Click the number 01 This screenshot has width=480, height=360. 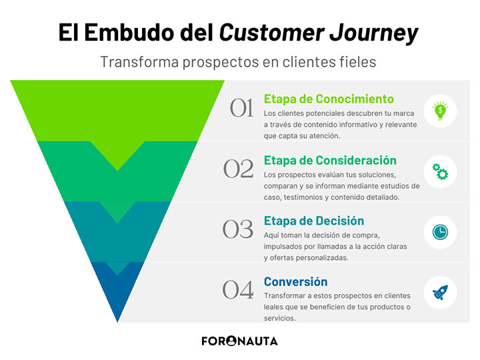click(x=241, y=109)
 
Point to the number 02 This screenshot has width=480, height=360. click(x=239, y=169)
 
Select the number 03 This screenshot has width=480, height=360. click(x=239, y=229)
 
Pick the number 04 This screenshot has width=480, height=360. click(x=239, y=290)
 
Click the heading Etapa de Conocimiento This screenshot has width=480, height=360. click(x=329, y=99)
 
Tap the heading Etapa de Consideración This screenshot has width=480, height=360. click(x=330, y=160)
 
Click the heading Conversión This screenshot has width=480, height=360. click(x=295, y=281)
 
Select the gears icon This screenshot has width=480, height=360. click(x=440, y=171)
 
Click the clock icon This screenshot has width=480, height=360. click(x=440, y=231)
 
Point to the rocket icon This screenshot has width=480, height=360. click(x=440, y=292)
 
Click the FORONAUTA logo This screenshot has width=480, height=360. click(x=239, y=341)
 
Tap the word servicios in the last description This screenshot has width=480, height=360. click(x=279, y=318)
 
